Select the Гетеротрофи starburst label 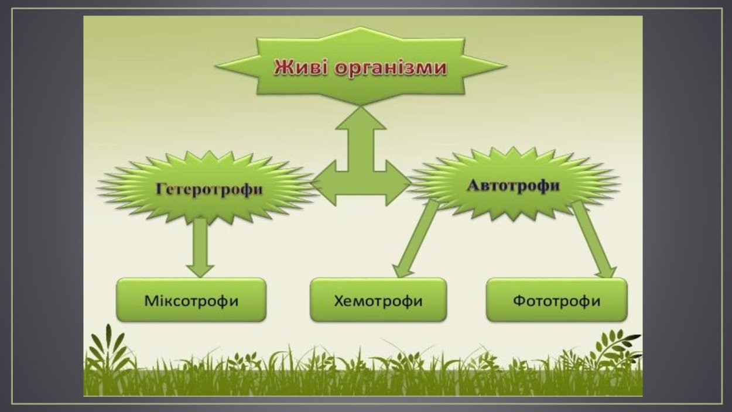tap(208, 190)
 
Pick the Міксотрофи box tap(191, 301)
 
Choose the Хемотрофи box tap(378, 301)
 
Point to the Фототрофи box tap(556, 301)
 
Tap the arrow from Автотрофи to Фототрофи tap(593, 240)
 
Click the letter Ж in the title tap(283, 68)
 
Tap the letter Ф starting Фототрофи tap(519, 301)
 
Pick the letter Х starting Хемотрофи tap(339, 301)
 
